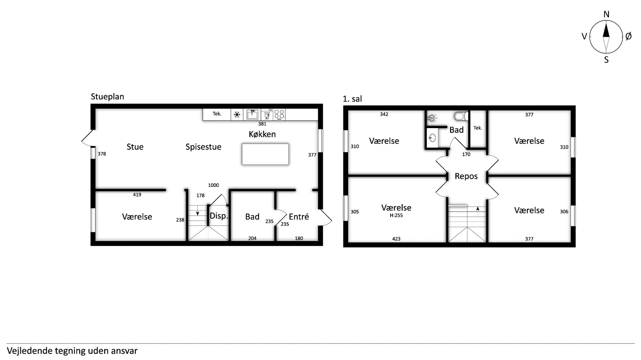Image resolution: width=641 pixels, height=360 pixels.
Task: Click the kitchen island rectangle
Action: click(x=265, y=154)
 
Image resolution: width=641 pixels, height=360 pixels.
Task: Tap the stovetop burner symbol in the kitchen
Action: click(x=279, y=115)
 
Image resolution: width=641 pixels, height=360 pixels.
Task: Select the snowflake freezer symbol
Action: click(x=237, y=115)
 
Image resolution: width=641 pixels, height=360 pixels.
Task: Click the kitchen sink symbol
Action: click(x=252, y=115)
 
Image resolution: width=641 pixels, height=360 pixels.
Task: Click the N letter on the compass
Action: click(x=607, y=14)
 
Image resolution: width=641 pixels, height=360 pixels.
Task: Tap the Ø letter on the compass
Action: click(x=629, y=36)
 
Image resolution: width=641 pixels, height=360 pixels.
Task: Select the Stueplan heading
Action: click(x=107, y=97)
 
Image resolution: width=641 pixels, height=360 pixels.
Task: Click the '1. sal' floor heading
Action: click(x=352, y=99)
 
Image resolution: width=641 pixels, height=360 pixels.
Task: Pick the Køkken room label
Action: click(x=262, y=134)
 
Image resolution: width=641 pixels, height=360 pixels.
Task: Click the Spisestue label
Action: click(x=203, y=147)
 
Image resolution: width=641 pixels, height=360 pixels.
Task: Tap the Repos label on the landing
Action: click(x=466, y=176)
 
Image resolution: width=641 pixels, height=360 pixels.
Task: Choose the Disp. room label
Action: click(x=219, y=216)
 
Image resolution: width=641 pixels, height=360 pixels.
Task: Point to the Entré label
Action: click(x=299, y=217)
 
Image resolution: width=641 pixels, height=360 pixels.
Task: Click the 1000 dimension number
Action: click(x=214, y=185)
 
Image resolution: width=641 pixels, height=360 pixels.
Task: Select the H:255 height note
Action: click(x=396, y=215)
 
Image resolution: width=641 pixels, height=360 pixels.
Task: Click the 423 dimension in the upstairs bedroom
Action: click(x=396, y=239)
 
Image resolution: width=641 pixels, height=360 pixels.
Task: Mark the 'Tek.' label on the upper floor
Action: click(x=478, y=128)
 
